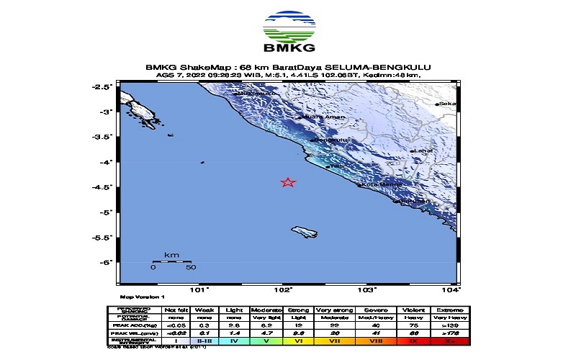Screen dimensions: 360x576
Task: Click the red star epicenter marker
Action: coord(288,182)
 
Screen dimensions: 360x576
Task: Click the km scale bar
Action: coord(171,261)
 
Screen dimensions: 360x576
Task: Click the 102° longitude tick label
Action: coord(283,290)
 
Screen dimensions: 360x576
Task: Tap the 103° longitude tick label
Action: coord(367,290)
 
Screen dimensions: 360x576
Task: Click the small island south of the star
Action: coord(305,231)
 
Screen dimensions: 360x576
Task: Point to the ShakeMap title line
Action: coord(288,68)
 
